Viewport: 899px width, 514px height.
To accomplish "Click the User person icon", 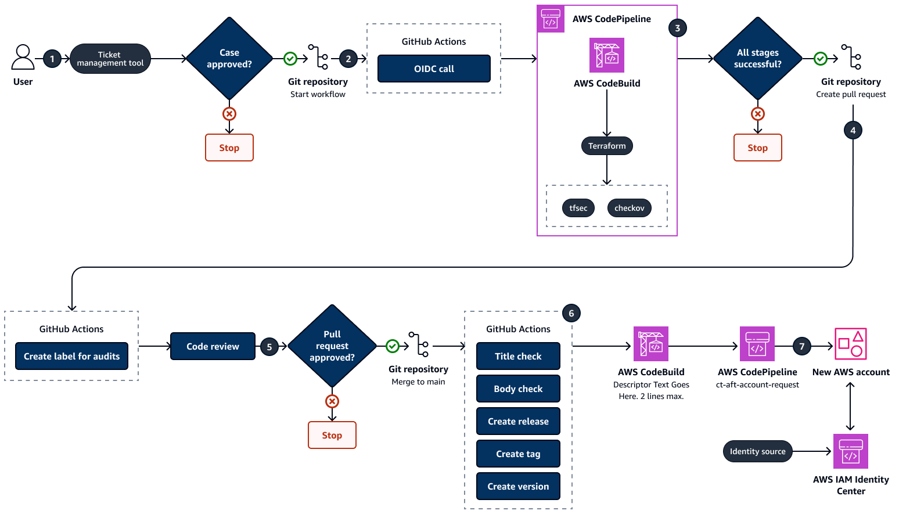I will click(23, 57).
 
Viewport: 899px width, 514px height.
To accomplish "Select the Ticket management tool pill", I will click(110, 59).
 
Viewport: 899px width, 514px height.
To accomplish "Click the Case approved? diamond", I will click(229, 59).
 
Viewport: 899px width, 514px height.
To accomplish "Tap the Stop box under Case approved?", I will click(229, 148).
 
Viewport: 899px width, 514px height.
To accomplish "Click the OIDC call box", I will click(434, 69).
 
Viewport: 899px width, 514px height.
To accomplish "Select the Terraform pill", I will click(607, 146).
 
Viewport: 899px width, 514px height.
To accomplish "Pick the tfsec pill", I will click(578, 208).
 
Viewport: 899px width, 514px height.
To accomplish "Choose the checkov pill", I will click(630, 208).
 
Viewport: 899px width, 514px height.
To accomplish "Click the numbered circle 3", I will click(677, 28).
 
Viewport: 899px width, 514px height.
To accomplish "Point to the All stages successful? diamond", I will click(758, 59).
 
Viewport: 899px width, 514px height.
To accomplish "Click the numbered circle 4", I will click(853, 130).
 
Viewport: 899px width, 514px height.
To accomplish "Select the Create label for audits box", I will click(71, 356).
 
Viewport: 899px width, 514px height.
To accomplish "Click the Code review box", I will click(213, 346).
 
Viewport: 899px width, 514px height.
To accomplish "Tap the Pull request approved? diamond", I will click(332, 346).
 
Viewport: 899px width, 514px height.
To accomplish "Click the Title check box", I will click(518, 356).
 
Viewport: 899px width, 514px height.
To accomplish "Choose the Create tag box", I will click(518, 454).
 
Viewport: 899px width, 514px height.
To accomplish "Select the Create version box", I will click(518, 486).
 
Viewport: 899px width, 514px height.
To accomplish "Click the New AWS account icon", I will click(850, 344).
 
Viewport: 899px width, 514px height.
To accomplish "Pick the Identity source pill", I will click(757, 451).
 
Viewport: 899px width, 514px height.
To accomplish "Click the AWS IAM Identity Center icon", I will click(850, 451).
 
